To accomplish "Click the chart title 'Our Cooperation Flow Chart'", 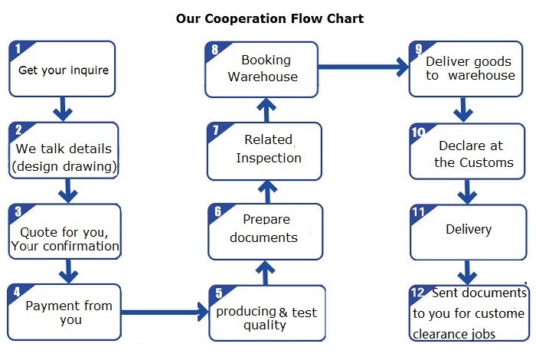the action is [270, 18].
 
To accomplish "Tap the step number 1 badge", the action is [18, 49].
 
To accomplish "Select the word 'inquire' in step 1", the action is [91, 70].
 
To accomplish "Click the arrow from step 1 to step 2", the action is [63, 109].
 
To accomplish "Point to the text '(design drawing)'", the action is [64, 166].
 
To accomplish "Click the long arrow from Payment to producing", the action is [165, 312].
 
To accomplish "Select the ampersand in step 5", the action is [283, 313].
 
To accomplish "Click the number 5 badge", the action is [219, 293].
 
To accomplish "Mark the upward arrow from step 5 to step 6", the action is [265, 273].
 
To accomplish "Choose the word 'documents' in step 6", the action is [263, 237].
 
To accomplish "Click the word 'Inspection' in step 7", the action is [269, 158].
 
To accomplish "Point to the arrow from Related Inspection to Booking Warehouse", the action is [266, 110].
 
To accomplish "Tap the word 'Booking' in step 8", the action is [266, 61].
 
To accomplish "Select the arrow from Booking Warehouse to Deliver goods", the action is [364, 67].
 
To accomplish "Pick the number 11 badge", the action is [419, 212].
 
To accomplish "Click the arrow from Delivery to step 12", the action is [467, 273].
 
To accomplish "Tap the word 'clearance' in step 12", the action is [435, 334].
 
